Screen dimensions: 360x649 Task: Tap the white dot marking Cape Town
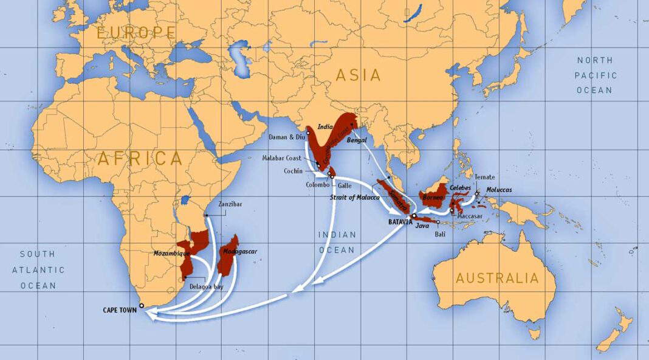[142, 306]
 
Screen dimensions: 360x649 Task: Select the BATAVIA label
[400, 222]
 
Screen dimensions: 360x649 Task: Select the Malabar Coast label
[281, 158]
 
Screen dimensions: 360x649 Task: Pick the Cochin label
[294, 171]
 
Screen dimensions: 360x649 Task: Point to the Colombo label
[318, 184]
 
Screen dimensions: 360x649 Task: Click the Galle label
[345, 184]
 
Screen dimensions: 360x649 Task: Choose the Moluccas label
[499, 190]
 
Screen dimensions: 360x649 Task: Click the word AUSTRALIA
[497, 279]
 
